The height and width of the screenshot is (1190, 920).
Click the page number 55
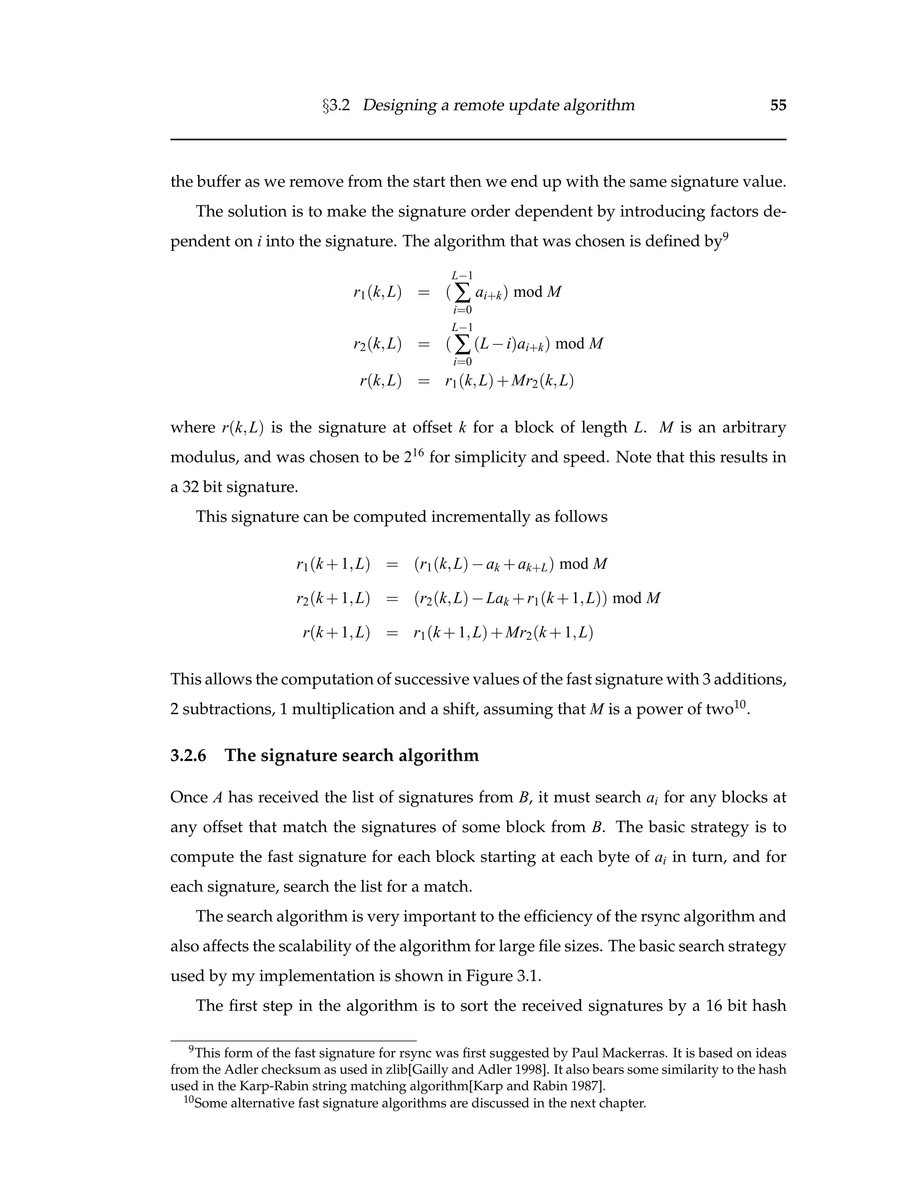click(778, 105)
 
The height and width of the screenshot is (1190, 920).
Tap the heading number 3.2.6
click(188, 756)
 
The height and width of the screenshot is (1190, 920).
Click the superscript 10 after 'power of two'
click(739, 704)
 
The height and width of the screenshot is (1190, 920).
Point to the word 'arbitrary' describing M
click(754, 427)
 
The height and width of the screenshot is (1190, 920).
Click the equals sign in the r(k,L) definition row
click(424, 381)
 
